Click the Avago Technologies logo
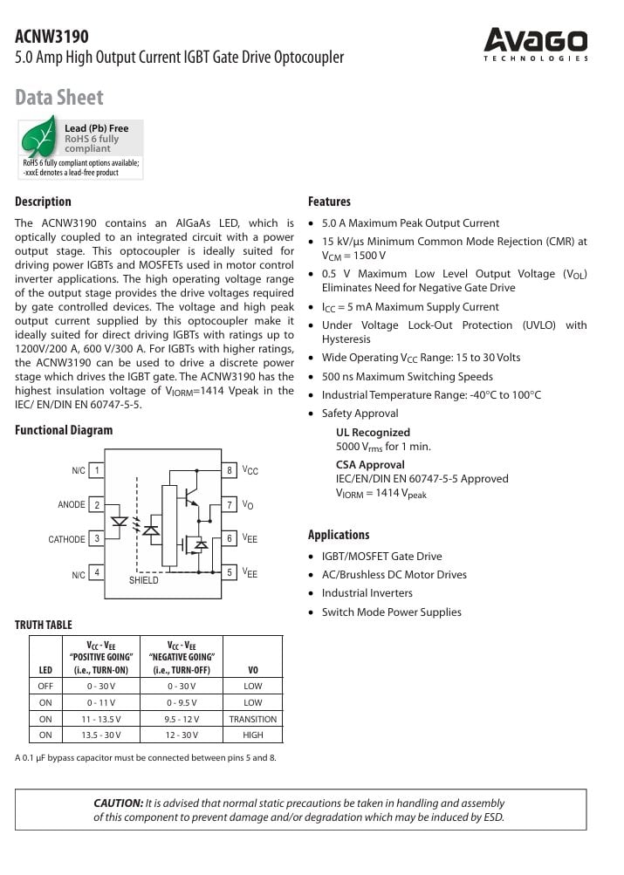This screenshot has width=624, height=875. pos(536,44)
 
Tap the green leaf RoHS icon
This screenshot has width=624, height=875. pos(38,140)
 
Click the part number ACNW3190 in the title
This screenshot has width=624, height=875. pos(51,36)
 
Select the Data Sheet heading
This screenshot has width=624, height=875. pos(58,97)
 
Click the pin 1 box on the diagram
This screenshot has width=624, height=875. pos(96,470)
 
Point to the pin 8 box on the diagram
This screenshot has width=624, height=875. pos(230,470)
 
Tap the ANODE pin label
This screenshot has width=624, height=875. pos(72,505)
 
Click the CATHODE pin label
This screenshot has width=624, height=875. pos(66,539)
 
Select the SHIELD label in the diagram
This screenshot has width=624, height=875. pos(144,580)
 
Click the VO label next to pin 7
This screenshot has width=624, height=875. pos(248,505)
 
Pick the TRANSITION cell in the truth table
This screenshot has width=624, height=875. pos(252,719)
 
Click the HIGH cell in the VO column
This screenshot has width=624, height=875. pos(252,735)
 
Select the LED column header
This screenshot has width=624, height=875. pos(45,669)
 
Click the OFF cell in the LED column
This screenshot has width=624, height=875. pos(45,686)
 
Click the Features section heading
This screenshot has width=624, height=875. pos(329,202)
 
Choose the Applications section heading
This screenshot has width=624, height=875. pos(339,535)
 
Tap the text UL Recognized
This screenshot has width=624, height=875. pos(373,432)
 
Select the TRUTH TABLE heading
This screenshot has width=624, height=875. pos(44,625)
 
